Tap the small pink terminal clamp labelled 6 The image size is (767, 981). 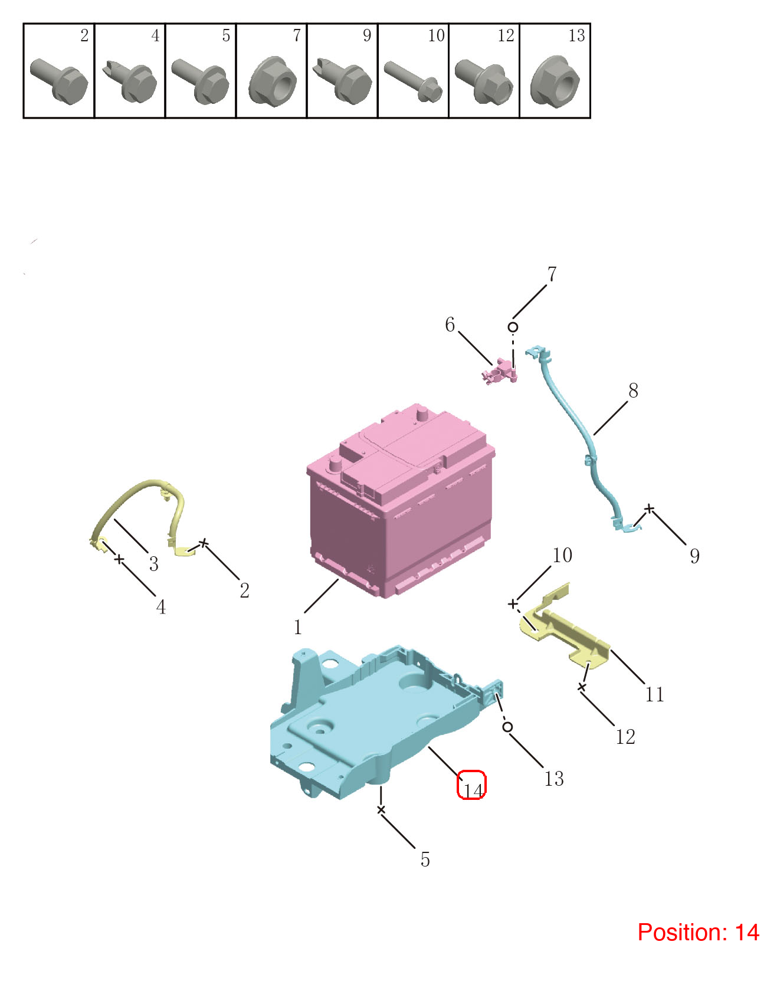500,372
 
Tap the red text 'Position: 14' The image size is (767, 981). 698,932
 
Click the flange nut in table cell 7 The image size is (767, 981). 272,81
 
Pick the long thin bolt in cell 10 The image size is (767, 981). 413,81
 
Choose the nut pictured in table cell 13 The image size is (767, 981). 555,81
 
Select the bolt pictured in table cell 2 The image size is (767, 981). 59,81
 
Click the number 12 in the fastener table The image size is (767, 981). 506,35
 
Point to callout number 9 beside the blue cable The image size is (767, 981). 695,556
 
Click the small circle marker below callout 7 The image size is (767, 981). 513,327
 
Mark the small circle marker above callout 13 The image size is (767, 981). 507,727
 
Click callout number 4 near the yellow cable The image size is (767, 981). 160,607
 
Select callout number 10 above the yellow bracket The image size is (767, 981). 562,555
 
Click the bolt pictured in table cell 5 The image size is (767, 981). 201,81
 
